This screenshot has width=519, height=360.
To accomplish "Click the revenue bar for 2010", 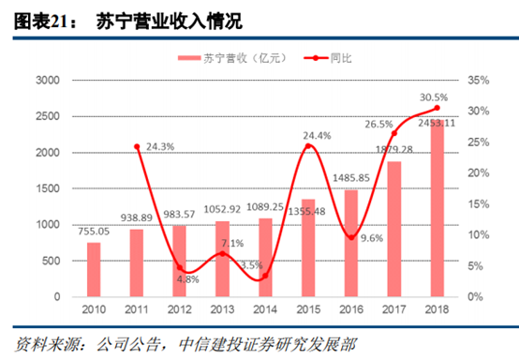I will coord(94,269).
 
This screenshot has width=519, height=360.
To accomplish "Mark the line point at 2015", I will coord(309,146).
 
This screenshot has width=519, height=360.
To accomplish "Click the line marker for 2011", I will coord(137,147).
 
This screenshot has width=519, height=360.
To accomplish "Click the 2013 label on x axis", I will coord(223,310).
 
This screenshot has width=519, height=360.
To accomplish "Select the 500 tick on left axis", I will coord(51,261).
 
